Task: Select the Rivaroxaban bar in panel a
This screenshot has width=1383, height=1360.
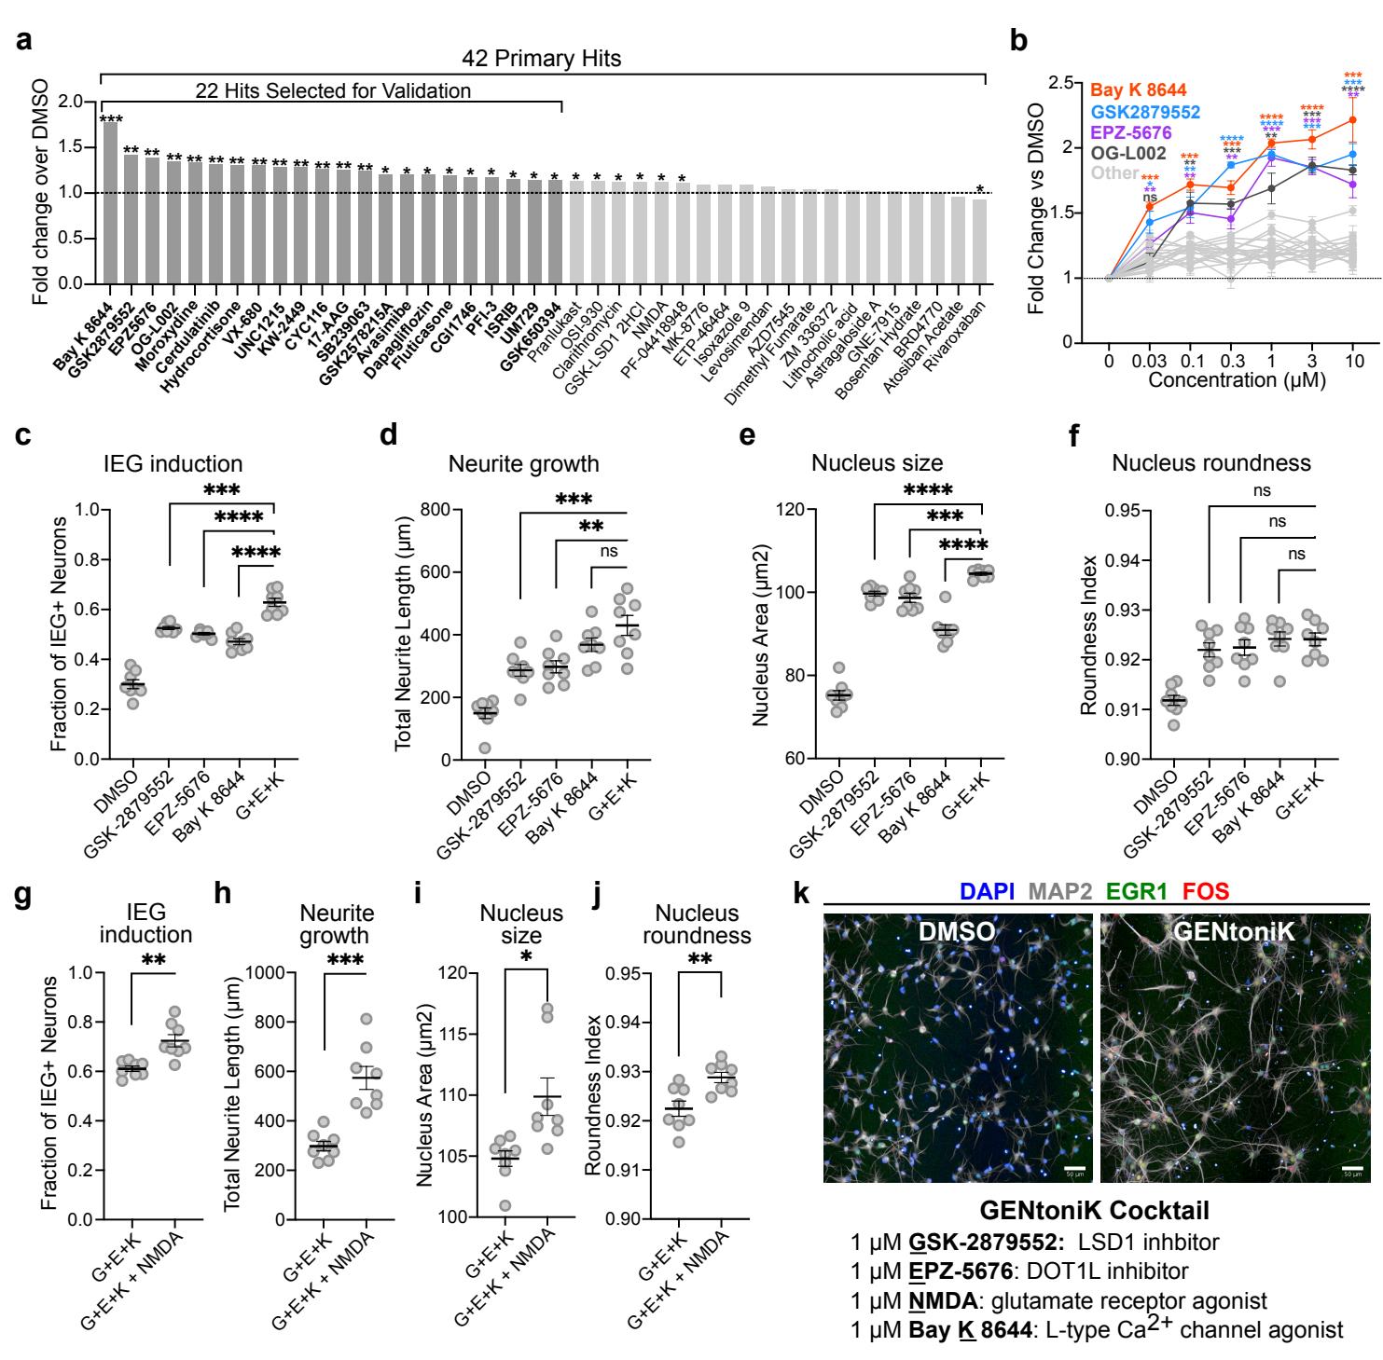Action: pyautogui.click(x=978, y=241)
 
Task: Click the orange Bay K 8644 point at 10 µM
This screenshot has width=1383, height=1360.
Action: pyautogui.click(x=1352, y=119)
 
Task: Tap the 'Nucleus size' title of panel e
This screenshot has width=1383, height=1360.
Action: pyautogui.click(x=877, y=463)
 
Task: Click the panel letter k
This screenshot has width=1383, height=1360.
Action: pyautogui.click(x=800, y=896)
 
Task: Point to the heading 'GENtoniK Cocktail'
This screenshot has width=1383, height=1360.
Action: pyautogui.click(x=1095, y=1212)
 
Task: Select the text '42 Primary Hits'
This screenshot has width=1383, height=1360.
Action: pyautogui.click(x=541, y=59)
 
